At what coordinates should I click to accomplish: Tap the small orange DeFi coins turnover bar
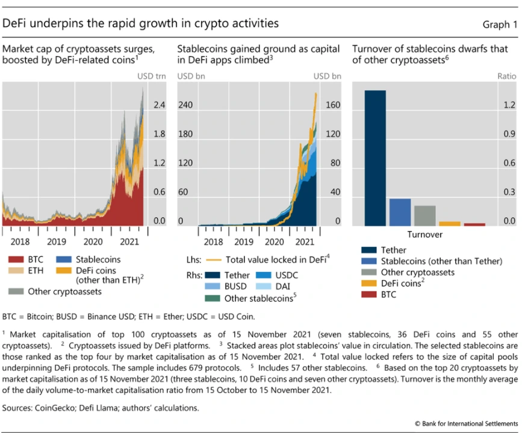[450, 223]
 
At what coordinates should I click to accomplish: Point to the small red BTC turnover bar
[474, 224]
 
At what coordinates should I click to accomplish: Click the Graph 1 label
[500, 25]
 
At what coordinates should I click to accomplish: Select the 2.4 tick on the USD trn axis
[159, 105]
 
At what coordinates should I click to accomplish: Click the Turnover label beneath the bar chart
[424, 234]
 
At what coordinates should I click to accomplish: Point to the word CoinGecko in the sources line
[57, 408]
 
